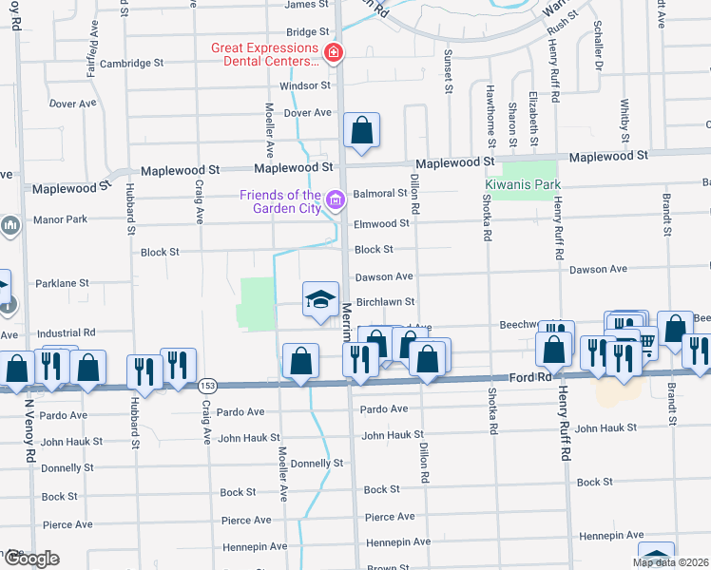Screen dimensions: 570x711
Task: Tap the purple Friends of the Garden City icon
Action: tap(334, 200)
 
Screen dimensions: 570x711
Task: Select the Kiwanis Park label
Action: tap(523, 184)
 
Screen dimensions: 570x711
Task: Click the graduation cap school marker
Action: tap(320, 301)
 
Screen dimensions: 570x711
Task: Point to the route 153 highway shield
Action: tap(207, 386)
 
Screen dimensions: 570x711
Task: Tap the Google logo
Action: tap(30, 559)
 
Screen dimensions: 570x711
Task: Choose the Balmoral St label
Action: tap(380, 194)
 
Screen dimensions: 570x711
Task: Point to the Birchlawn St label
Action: tap(385, 302)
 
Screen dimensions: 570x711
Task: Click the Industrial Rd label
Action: tap(66, 333)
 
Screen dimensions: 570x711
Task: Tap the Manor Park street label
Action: tap(59, 219)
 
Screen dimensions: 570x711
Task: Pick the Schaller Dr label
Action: tap(598, 47)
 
